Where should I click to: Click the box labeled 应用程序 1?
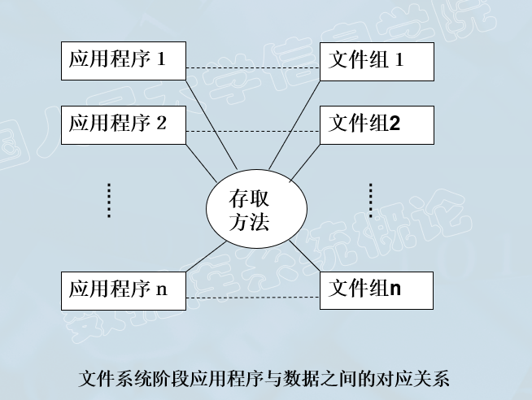(124, 61)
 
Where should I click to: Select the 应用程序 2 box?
(124, 124)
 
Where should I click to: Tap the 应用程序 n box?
(124, 290)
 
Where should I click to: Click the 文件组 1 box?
(376, 61)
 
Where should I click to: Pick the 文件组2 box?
(376, 124)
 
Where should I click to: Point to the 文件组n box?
(376, 290)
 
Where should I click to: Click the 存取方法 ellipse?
(256, 211)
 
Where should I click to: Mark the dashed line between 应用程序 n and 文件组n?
(254, 298)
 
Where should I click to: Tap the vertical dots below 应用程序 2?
(109, 201)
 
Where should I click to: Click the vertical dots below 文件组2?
(370, 201)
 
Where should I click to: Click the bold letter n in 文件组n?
(395, 288)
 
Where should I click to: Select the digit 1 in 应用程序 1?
(161, 59)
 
